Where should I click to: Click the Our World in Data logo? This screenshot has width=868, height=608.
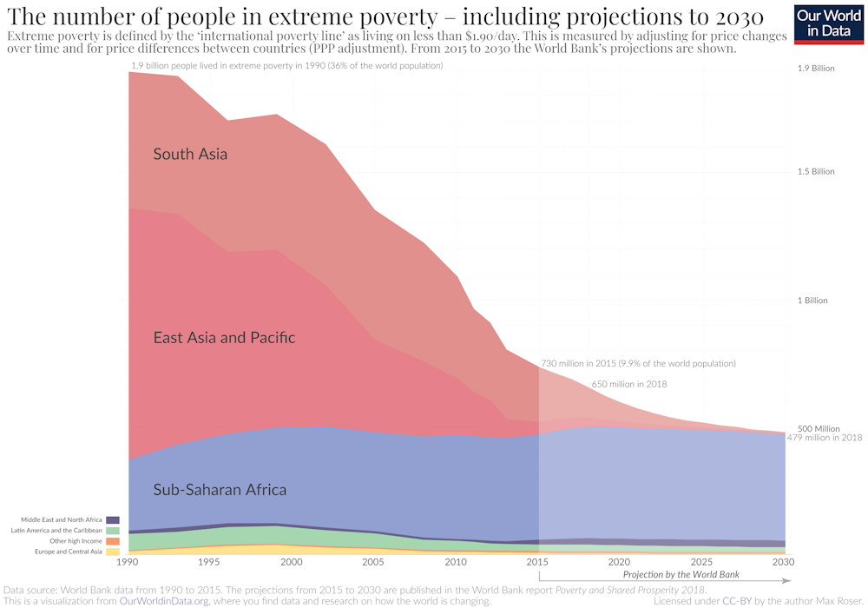pos(828,23)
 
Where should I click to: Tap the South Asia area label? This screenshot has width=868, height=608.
pos(190,155)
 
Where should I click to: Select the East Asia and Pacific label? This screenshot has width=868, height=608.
pos(224,337)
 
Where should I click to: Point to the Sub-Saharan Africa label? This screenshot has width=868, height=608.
pos(220,490)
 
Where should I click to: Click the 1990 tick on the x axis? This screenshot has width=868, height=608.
pos(128,563)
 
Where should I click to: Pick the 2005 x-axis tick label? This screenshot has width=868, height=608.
pos(373,563)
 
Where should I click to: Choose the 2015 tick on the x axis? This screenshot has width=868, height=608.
pos(538,563)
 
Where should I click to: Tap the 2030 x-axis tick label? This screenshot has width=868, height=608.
pos(784,563)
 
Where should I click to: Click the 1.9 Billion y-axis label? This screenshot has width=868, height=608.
pos(816,68)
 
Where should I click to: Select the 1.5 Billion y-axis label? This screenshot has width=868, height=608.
pos(816,171)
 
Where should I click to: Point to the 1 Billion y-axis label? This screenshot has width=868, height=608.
pos(813,301)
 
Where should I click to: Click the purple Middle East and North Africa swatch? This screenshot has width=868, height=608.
pos(113,519)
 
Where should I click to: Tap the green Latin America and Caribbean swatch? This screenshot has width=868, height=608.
pos(113,530)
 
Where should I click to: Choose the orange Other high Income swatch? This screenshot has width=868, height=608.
pos(113,541)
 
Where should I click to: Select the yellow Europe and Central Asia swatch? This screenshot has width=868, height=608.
pos(113,552)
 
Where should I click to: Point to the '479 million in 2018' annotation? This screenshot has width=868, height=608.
pos(824,438)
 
